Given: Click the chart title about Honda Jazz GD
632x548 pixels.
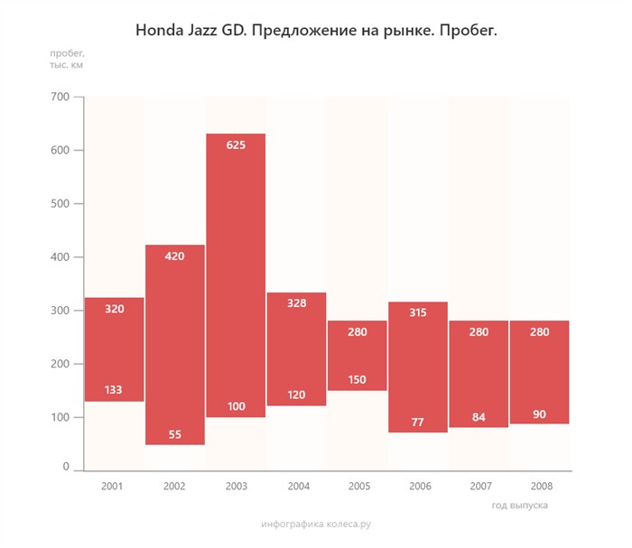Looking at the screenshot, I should [316, 32].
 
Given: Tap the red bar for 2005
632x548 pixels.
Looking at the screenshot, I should [358, 355].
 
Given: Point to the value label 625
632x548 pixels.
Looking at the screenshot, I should [236, 144].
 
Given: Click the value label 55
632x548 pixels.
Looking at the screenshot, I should [175, 434].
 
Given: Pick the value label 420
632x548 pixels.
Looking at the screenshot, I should [175, 256].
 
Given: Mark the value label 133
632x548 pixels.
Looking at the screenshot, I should [114, 390].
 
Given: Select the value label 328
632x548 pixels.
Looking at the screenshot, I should [297, 303].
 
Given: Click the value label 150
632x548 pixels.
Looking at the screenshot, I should [358, 380].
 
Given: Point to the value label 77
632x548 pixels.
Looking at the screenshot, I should [418, 422].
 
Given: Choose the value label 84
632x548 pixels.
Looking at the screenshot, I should [479, 417].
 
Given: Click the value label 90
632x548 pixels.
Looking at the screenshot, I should [539, 414].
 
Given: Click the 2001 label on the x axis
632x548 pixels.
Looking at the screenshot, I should [113, 486].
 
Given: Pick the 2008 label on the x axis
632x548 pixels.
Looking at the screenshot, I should [539, 486].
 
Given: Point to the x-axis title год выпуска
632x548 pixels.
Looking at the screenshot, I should [520, 506].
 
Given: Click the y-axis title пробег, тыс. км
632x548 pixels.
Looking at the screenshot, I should [68, 60].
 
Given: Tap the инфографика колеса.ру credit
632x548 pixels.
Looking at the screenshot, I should [316, 524].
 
